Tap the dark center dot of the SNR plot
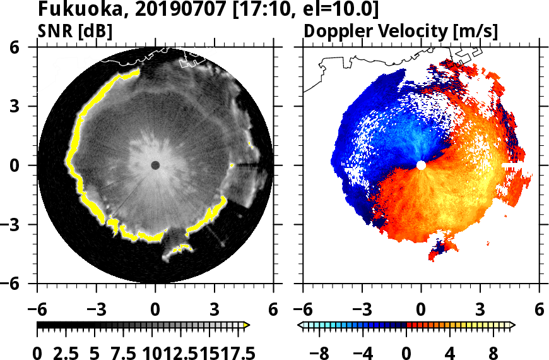coord(155,165)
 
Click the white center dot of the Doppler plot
coord(421,165)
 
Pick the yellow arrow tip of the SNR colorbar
coord(247,325)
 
